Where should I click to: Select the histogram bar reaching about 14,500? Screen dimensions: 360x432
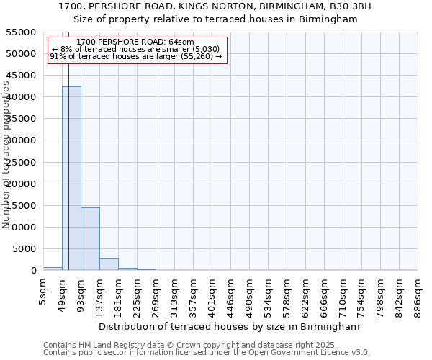pos(90,238)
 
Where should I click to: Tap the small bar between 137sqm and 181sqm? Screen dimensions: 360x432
pos(109,264)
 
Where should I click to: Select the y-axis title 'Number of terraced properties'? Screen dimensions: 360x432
pos(6,155)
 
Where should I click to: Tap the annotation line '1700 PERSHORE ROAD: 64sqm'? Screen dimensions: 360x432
pos(135,42)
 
